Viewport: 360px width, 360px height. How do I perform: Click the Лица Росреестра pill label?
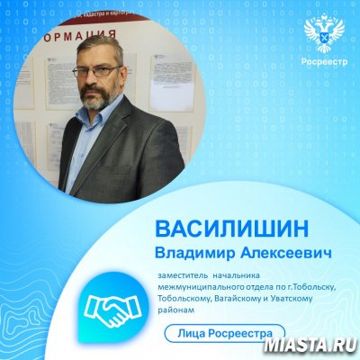point(224,333)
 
